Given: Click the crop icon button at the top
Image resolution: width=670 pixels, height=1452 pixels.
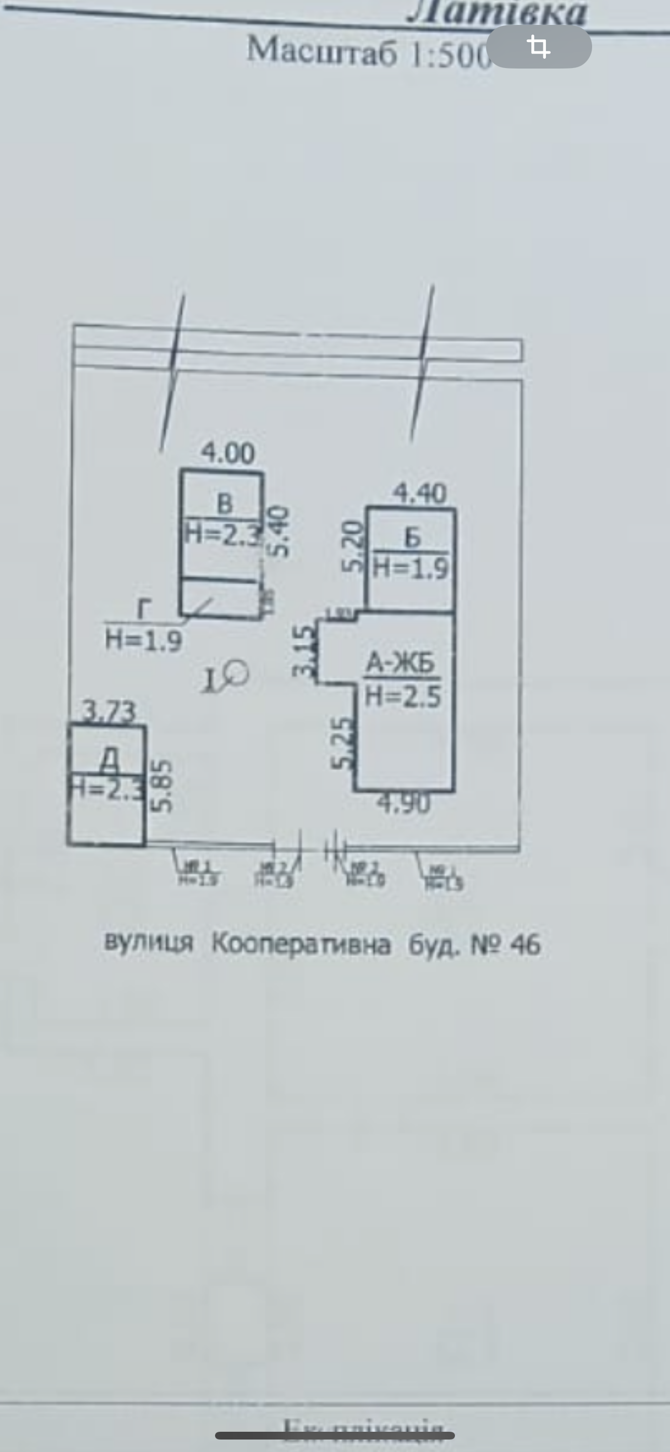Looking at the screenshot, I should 539,47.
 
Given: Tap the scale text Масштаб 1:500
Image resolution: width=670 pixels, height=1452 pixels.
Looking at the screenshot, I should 369,52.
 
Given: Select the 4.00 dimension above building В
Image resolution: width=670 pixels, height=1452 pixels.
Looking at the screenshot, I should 228,453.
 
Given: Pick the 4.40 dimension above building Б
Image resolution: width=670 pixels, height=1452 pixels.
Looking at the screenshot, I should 420,493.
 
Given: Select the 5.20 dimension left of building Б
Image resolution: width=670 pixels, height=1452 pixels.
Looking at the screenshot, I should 354,546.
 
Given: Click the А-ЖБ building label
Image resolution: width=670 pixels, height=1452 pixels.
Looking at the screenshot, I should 400,664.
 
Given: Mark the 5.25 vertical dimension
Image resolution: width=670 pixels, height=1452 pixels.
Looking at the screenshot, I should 343,742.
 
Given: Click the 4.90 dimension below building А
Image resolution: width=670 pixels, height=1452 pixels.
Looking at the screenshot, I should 404,803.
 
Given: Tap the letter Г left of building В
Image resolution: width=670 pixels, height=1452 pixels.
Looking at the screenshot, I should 144,610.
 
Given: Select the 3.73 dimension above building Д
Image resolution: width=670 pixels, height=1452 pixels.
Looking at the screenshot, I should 109,711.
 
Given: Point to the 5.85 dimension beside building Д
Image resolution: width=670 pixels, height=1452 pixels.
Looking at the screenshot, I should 162,786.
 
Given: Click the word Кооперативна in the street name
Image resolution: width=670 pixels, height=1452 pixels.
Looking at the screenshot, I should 301,944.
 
